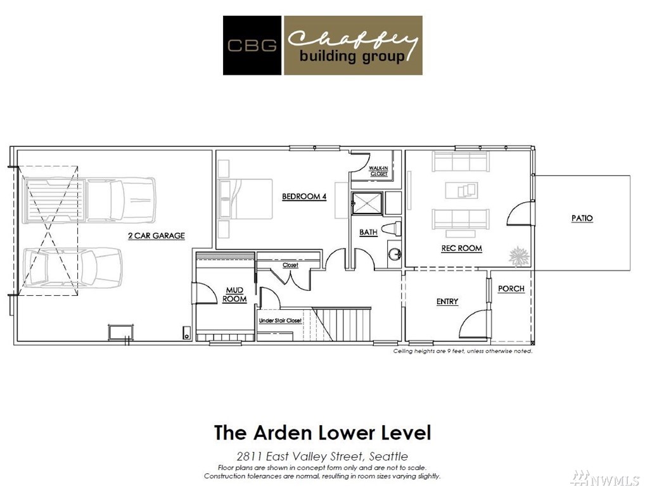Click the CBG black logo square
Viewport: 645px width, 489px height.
coord(252,45)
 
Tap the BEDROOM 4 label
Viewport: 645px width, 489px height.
coord(304,196)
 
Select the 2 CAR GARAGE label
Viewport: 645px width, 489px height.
coord(156,236)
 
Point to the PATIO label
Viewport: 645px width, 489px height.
coord(582,218)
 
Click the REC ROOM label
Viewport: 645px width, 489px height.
coord(461,248)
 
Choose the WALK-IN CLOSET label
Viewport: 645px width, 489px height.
coord(378,171)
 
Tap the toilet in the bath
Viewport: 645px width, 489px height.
coord(391,229)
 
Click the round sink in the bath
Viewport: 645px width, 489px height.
coord(395,255)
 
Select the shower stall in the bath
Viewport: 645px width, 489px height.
coord(367,203)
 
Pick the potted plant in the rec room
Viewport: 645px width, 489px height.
coord(519,257)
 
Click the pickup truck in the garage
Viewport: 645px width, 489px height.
coord(90,200)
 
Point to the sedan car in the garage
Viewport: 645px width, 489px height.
coord(72,267)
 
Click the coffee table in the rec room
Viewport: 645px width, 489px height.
coord(462,190)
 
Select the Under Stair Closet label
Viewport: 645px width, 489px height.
coord(280,321)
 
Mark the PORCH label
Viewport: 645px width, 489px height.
coord(511,289)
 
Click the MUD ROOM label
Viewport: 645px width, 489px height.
coord(234,295)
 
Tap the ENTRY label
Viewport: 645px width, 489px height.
coord(447,302)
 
